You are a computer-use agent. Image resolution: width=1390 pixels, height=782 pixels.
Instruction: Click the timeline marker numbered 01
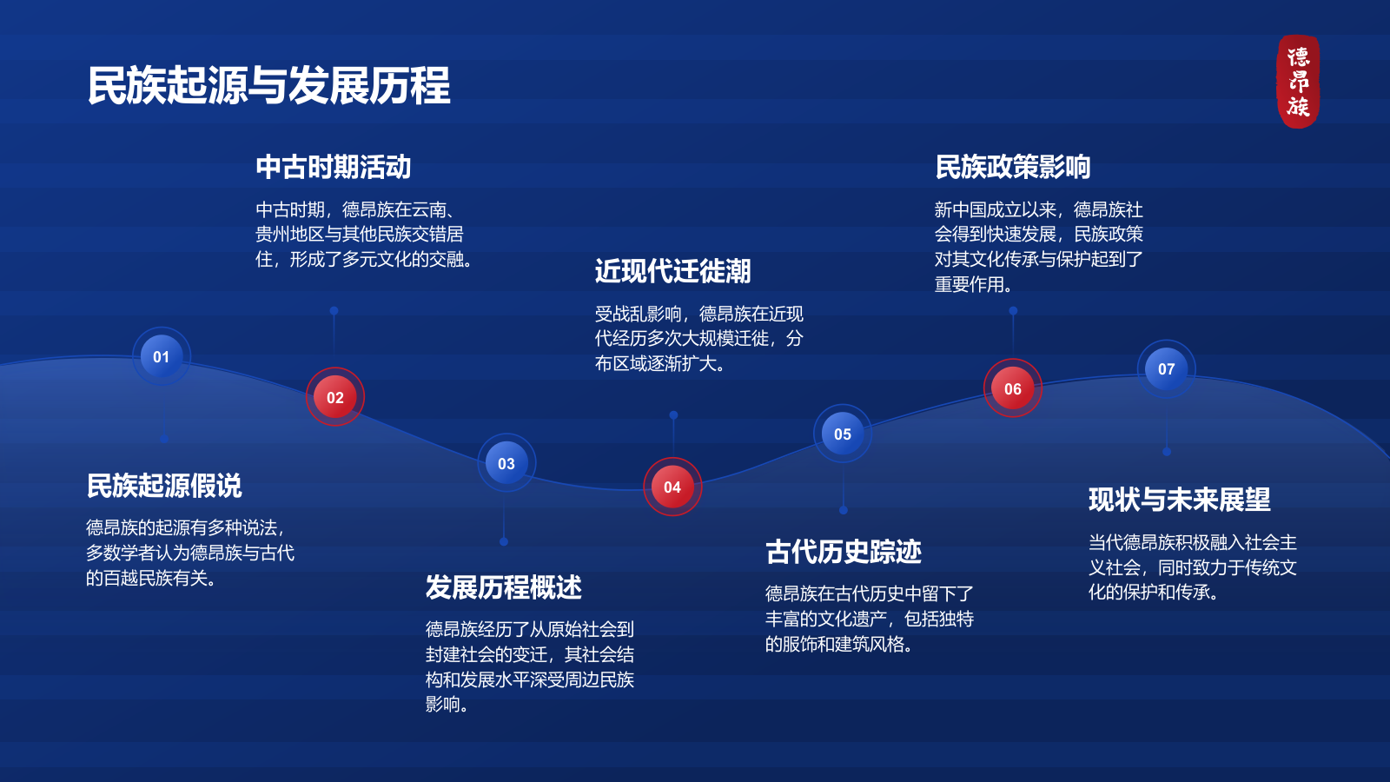[162, 356]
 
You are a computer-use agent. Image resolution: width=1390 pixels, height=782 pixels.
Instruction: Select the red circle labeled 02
[335, 397]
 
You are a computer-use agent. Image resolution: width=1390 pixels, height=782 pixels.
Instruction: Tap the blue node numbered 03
[506, 463]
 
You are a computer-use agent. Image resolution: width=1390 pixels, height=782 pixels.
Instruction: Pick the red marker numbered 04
[672, 487]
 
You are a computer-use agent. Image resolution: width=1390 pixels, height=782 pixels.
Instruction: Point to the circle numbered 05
[843, 434]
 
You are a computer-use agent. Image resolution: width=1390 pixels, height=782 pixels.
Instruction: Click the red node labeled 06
[1013, 388]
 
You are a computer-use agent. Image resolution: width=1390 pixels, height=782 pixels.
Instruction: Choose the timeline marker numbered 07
[1166, 368]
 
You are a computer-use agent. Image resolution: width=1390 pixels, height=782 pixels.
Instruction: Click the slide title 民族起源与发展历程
[269, 85]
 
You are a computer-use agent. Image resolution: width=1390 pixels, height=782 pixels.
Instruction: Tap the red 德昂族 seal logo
[1298, 82]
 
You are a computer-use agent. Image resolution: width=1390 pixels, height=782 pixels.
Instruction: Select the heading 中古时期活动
[334, 167]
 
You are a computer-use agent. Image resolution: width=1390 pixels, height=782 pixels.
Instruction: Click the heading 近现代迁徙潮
[673, 271]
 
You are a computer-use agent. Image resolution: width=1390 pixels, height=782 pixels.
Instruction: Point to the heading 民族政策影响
[1013, 167]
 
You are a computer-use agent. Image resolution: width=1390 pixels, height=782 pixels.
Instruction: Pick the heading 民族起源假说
[164, 486]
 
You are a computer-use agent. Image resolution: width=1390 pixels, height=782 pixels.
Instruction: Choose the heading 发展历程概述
[504, 587]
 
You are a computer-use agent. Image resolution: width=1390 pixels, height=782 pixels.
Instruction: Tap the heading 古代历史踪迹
[844, 552]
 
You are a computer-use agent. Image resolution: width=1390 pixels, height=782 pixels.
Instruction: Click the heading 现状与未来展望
[1180, 500]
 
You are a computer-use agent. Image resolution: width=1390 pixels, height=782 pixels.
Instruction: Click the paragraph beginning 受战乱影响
[699, 339]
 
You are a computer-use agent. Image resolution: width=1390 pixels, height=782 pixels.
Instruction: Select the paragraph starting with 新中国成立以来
[1039, 247]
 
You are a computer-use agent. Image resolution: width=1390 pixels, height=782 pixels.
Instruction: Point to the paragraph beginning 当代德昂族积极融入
[1193, 567]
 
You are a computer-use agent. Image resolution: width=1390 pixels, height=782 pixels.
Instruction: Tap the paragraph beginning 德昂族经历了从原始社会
[530, 666]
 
